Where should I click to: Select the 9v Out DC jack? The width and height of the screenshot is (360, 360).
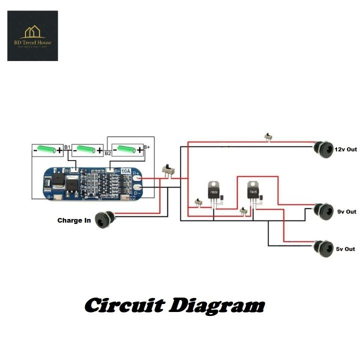(323, 210)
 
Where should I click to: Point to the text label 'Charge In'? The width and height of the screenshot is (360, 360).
(74, 220)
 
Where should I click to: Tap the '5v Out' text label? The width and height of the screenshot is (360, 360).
(346, 249)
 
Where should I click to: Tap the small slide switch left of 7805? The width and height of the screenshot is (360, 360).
(244, 212)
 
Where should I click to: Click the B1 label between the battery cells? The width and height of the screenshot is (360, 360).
(67, 147)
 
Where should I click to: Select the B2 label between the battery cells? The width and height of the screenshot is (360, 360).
(107, 152)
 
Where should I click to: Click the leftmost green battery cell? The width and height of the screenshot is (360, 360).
(48, 149)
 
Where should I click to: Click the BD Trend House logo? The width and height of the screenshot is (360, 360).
(32, 36)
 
